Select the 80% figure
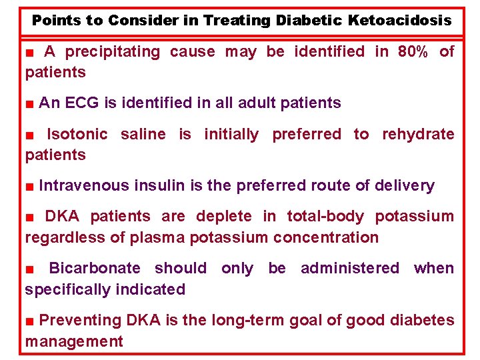coord(413,51)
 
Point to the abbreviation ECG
coord(84,103)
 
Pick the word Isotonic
coord(77,134)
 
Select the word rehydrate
coord(418,134)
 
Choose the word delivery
coord(403,185)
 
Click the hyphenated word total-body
coord(325,216)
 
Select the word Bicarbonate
coord(94,268)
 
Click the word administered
coord(350,268)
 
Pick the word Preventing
coord(81,320)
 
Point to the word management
coord(74,342)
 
